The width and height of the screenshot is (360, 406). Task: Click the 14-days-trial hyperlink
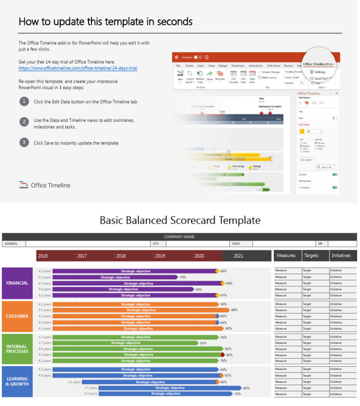(78, 68)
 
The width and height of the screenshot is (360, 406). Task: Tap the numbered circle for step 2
(23, 121)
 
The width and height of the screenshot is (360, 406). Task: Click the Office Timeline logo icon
(23, 185)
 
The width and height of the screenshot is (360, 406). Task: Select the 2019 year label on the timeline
(160, 256)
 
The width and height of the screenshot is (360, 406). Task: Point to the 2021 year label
(238, 256)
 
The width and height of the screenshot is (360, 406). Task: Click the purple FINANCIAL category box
(17, 283)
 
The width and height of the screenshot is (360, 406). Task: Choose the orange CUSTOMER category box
(17, 316)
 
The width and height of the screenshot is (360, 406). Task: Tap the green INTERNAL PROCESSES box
(17, 349)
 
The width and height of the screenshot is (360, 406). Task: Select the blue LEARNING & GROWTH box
(17, 381)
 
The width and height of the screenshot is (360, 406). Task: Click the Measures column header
(286, 256)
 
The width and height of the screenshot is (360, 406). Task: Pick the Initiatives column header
(341, 256)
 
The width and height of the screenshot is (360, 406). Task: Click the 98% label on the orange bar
(234, 310)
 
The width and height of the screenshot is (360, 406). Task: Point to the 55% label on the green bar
(203, 343)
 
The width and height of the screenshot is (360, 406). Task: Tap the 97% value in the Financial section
(224, 295)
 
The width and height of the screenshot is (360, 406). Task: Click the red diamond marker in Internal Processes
(223, 355)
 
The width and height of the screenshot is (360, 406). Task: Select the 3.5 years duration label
(74, 382)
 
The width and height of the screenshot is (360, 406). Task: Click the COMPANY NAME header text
(179, 237)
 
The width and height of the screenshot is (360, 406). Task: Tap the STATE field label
(235, 244)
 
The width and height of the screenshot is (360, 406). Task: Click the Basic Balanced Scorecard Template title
(180, 220)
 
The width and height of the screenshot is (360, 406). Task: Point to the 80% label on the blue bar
(247, 388)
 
